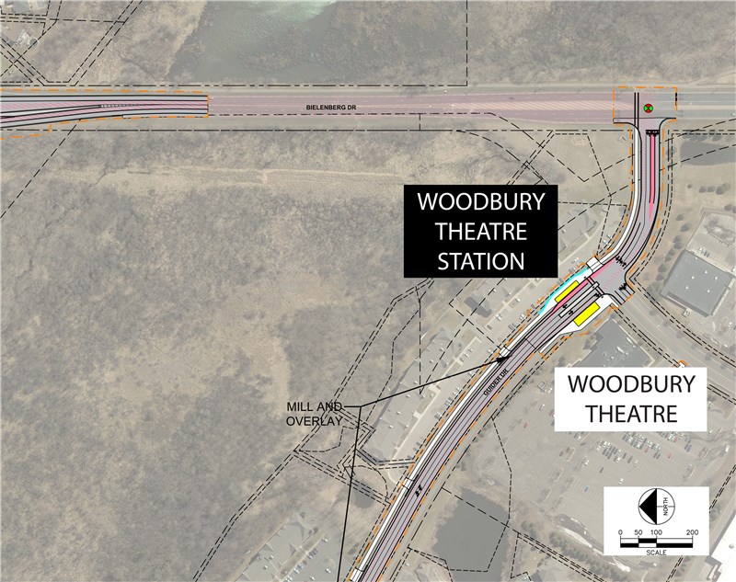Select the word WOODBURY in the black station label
click(x=480, y=201)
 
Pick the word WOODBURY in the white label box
click(x=630, y=383)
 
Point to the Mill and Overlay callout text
click(x=314, y=413)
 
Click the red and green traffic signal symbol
click(x=649, y=108)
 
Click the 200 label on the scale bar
click(x=692, y=532)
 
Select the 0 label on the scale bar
click(x=621, y=532)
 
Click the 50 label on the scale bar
click(x=638, y=532)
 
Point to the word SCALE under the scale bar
click(x=656, y=553)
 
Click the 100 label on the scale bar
click(x=656, y=532)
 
